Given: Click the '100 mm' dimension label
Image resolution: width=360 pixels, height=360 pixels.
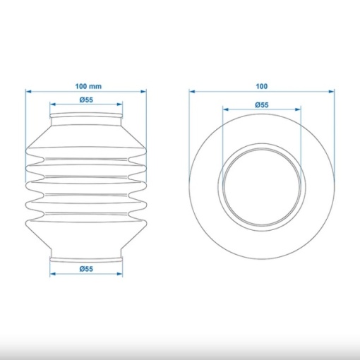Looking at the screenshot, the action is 88,86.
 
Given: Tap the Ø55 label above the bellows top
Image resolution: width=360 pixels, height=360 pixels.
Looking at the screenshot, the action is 86,100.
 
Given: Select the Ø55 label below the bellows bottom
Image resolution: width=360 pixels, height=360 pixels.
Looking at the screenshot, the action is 86,269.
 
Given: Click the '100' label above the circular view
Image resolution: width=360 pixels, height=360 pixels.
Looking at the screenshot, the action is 262,86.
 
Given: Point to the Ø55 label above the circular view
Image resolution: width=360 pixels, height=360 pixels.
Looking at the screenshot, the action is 262,104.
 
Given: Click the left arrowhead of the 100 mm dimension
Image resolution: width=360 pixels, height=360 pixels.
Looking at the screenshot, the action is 28,91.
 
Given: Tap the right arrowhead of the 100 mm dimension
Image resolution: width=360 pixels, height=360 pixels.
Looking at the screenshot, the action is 143,91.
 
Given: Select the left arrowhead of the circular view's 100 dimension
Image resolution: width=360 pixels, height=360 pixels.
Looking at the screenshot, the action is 192,91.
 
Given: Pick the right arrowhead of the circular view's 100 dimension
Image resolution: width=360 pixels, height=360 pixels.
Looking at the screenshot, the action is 331,91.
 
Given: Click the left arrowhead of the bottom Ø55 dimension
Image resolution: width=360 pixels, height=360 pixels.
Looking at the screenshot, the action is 53,274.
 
